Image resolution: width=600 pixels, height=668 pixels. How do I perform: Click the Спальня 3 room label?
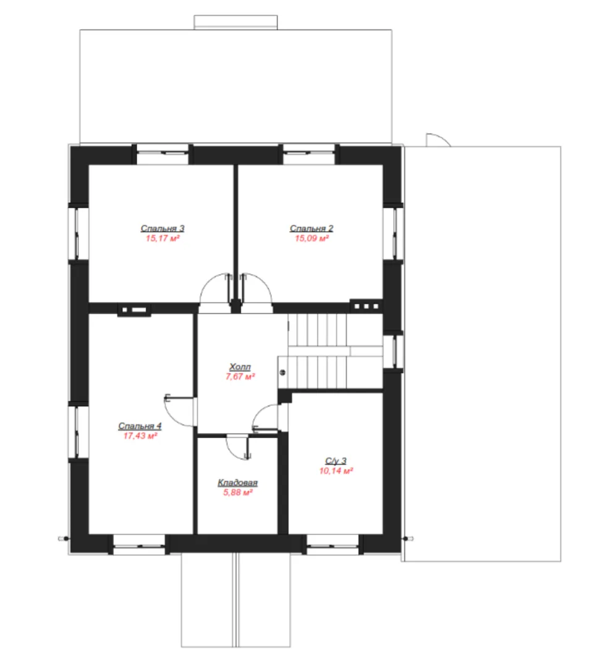[163, 228]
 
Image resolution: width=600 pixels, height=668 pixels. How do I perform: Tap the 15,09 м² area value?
[312, 238]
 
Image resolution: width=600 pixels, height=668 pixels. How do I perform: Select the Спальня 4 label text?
[140, 426]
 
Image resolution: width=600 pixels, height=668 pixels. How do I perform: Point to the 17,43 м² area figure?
[140, 436]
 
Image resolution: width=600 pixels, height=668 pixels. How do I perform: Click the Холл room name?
[240, 366]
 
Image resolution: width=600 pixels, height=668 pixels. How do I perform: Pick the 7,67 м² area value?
[240, 377]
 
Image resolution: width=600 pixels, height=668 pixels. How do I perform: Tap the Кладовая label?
[238, 482]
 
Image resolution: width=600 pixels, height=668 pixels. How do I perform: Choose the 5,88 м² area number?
[238, 492]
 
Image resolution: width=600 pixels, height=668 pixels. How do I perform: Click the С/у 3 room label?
[336, 461]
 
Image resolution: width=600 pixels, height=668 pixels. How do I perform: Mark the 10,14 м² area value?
[336, 471]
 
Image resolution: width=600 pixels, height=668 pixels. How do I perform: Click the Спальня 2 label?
[311, 228]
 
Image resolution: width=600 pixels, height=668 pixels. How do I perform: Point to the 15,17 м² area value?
[163, 238]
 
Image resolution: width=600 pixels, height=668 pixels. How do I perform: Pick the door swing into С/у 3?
[260, 411]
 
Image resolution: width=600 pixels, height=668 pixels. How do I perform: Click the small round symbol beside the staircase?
[282, 372]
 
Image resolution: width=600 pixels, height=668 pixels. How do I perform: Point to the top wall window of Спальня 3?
[163, 154]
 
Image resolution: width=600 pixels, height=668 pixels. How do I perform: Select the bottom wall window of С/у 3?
[333, 544]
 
